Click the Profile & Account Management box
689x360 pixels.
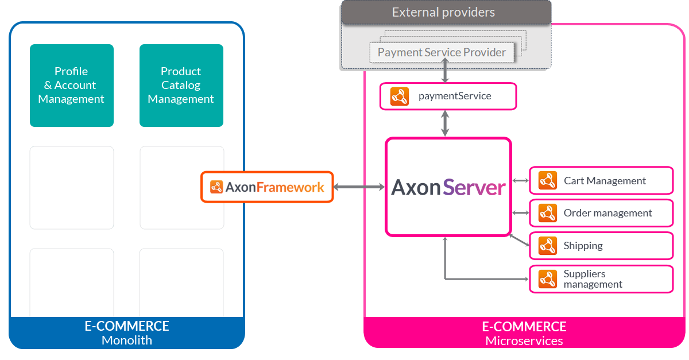[71, 85]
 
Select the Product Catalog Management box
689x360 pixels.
[181, 85]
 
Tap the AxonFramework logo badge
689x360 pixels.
[267, 187]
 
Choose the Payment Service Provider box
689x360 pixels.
[442, 52]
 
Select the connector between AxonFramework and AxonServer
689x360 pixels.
[359, 187]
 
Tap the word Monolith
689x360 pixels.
[127, 340]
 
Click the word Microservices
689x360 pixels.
[524, 341]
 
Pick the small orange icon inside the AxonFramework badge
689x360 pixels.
[216, 187]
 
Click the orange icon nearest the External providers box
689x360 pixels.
[399, 96]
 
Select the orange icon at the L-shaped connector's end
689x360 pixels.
[548, 279]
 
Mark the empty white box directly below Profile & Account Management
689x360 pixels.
[71, 188]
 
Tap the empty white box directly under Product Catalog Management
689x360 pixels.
[181, 188]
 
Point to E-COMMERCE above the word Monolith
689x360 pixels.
[127, 326]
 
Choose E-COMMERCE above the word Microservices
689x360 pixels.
[524, 327]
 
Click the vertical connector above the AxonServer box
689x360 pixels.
[445, 123]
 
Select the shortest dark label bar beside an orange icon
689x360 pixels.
[583, 246]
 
